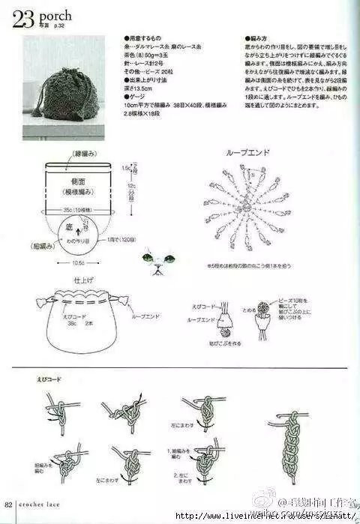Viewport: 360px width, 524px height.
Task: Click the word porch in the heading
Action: coord(55,13)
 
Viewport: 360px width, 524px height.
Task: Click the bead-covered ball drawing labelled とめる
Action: coord(263,308)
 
